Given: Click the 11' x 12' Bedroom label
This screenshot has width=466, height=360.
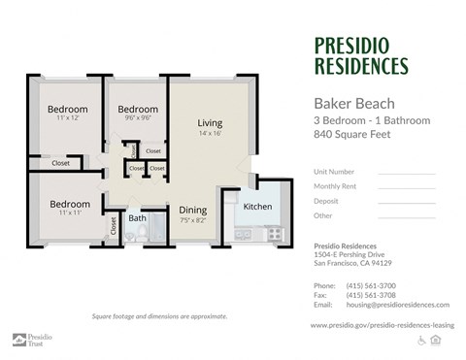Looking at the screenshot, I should click(x=68, y=109).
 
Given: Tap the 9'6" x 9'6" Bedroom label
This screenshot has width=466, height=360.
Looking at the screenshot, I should click(x=138, y=109).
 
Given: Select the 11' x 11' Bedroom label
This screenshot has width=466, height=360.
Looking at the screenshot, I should click(x=69, y=204).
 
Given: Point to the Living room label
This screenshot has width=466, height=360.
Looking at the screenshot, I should click(x=211, y=123).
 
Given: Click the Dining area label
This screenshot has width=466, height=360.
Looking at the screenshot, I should click(x=192, y=210).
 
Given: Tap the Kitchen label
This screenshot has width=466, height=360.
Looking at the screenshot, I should click(x=257, y=207).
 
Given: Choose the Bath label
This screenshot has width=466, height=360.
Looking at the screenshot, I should click(x=137, y=218).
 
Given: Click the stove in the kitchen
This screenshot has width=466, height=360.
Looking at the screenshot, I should click(x=274, y=234).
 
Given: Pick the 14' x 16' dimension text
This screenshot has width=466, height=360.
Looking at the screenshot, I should click(x=211, y=135).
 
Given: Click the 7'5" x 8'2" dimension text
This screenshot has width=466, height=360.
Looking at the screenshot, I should click(x=192, y=220).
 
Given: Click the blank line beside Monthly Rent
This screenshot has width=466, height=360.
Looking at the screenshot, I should click(x=406, y=187).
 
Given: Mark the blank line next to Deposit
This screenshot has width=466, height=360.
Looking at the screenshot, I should click(x=406, y=202).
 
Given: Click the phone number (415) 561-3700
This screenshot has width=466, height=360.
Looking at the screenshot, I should click(x=371, y=285).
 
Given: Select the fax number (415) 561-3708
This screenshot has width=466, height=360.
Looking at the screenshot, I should click(x=371, y=295).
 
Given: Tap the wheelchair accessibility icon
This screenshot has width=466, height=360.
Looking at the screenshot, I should click(x=421, y=341).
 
